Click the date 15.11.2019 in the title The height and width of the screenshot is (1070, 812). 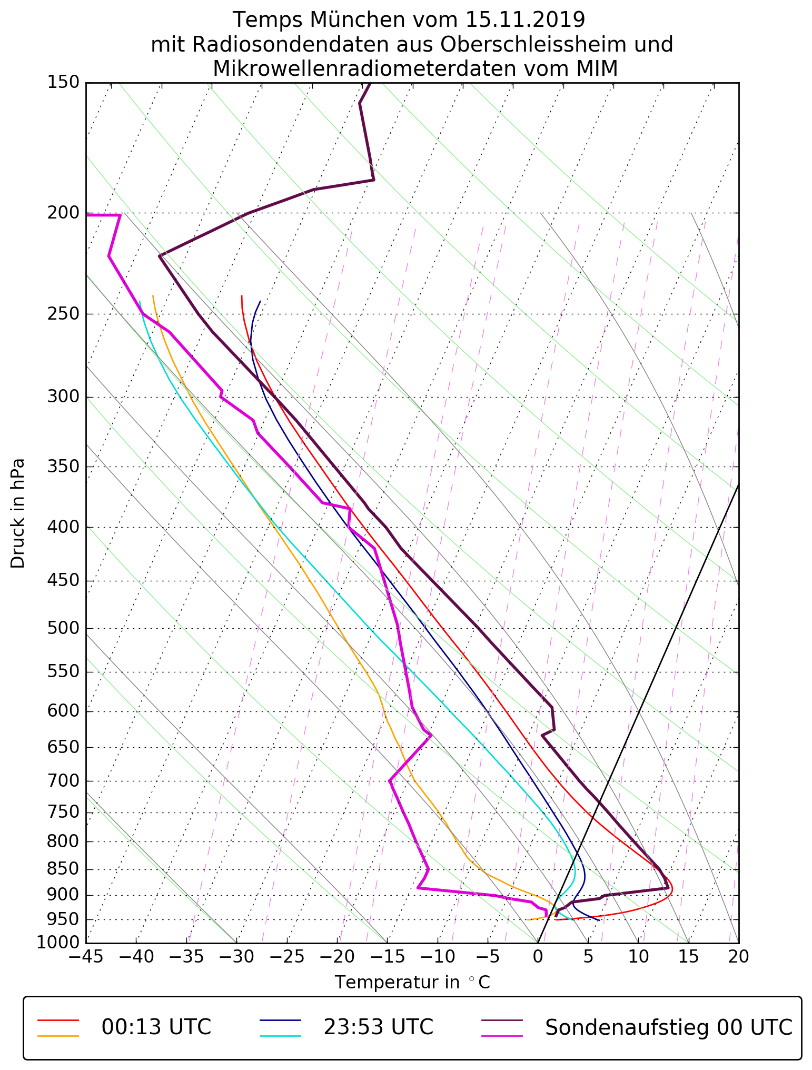tap(525, 20)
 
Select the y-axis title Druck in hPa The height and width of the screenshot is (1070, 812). tap(18, 513)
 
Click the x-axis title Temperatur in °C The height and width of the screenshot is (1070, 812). tap(412, 983)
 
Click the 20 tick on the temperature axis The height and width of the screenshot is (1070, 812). tap(738, 956)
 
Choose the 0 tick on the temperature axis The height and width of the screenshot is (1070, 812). tap(538, 956)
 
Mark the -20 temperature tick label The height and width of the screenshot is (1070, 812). tap(336, 956)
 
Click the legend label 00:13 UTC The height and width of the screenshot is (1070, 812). tap(156, 1027)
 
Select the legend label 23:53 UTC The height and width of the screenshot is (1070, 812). tap(378, 1027)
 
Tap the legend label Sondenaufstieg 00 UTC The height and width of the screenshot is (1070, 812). tap(668, 1027)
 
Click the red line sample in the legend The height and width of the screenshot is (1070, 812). tap(58, 1020)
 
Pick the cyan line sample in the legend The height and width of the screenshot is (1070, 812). tap(280, 1036)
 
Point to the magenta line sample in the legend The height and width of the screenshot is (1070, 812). tap(502, 1036)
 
